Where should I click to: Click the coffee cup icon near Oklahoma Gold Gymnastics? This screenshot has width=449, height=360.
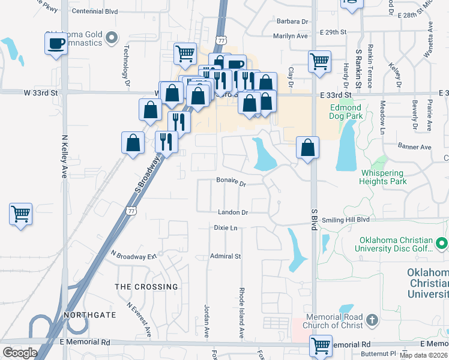pos(56,43)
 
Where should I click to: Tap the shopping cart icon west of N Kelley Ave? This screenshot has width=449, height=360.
pos(21,214)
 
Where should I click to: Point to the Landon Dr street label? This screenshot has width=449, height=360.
pos(233,212)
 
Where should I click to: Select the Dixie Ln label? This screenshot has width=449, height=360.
pos(226,228)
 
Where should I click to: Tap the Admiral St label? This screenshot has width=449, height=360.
pos(225,256)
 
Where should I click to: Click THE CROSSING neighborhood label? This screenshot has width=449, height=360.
pos(146,287)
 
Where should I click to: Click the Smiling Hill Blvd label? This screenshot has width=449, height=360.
pos(346,220)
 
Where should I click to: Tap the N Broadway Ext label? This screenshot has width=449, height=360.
pos(133,255)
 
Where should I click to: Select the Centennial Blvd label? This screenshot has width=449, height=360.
pos(94,11)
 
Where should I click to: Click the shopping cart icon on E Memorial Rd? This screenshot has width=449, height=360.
pos(321,346)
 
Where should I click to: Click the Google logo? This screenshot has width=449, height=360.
pos(20,353)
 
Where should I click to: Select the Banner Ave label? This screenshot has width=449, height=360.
pos(415,147)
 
